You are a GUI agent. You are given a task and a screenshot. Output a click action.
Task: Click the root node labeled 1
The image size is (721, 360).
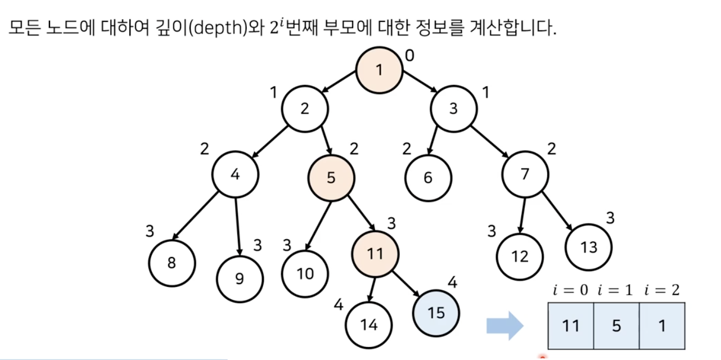tap(379, 70)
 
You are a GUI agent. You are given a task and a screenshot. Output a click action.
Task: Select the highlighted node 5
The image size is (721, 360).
tap(331, 178)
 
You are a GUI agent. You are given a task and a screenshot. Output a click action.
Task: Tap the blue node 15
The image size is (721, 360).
tap(436, 312)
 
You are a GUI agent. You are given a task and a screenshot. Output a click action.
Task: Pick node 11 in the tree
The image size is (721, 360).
tap(375, 254)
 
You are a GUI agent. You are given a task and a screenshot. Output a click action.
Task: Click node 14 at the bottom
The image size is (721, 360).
tap(368, 325)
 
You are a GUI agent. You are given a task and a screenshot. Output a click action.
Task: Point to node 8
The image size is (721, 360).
tap(172, 263)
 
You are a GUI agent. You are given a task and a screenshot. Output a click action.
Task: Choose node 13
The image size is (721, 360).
tap(588, 247)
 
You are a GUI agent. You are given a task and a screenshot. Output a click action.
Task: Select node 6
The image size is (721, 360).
tap(428, 178)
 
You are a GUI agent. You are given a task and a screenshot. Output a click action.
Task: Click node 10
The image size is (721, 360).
tap(305, 273)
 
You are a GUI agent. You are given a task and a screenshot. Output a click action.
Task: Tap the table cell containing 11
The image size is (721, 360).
tap(571, 326)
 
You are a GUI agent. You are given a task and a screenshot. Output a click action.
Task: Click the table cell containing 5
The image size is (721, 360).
tap(616, 326)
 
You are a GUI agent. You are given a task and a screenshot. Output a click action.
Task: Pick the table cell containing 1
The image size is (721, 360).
tap(662, 326)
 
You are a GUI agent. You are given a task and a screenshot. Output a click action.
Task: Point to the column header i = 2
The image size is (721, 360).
tap(663, 290)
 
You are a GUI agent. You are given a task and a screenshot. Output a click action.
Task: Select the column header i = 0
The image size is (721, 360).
tap(570, 290)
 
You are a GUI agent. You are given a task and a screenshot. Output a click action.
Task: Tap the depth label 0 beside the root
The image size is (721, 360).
tap(409, 55)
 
